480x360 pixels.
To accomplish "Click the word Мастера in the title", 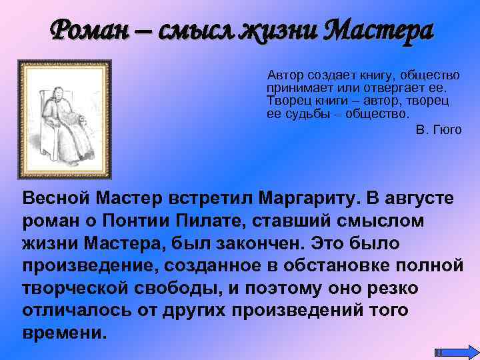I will point(377,30).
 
